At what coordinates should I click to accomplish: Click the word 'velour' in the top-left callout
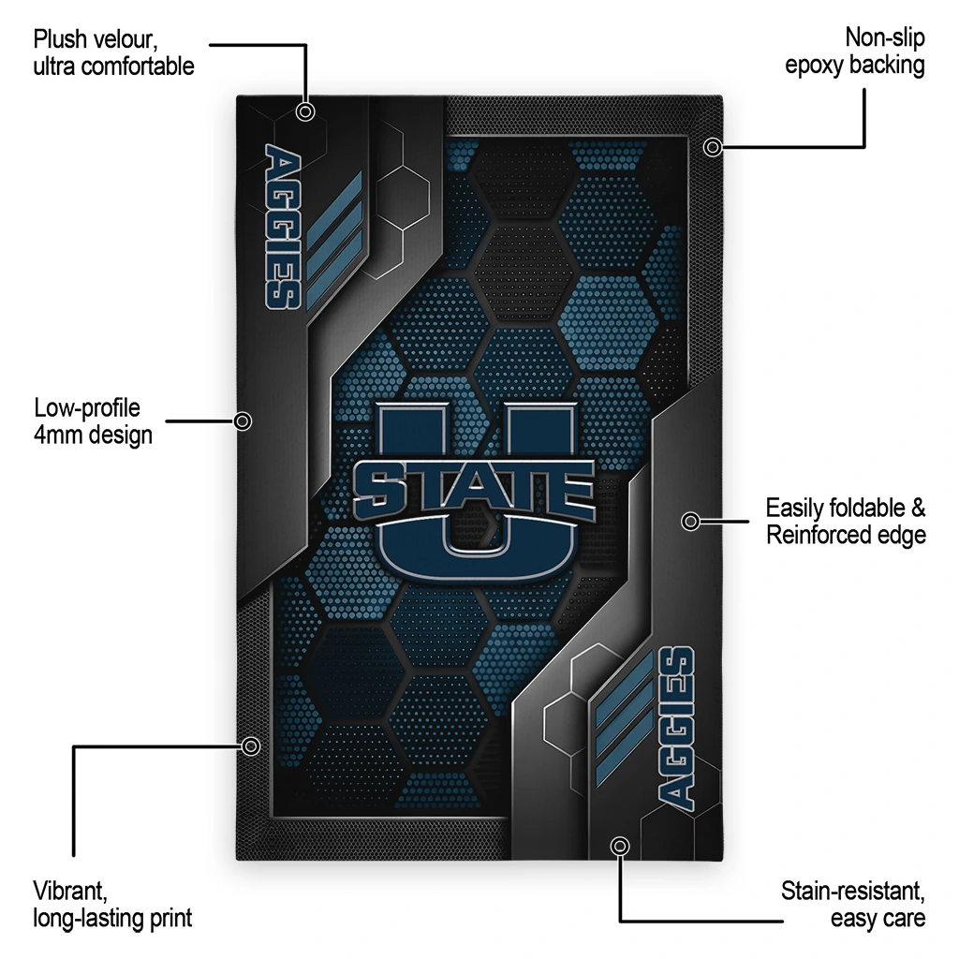[x=125, y=39]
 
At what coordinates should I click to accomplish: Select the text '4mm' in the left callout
[x=57, y=435]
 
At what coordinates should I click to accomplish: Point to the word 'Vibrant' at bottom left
[x=70, y=891]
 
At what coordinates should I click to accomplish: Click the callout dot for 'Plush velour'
[x=305, y=112]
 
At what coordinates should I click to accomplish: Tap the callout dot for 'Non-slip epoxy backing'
[x=712, y=147]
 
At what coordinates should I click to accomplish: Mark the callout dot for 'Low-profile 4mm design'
[x=243, y=421]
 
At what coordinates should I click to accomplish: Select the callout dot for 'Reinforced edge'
[x=690, y=521]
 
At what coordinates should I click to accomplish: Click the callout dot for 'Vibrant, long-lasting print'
[x=251, y=746]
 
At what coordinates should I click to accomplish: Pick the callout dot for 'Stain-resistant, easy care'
[x=620, y=846]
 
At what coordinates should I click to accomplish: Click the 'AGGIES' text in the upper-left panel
[x=283, y=227]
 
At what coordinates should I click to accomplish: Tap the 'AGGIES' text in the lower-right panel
[x=676, y=729]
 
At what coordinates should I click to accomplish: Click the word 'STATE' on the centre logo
[x=474, y=490]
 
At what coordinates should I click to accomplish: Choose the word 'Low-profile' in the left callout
[x=87, y=408]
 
